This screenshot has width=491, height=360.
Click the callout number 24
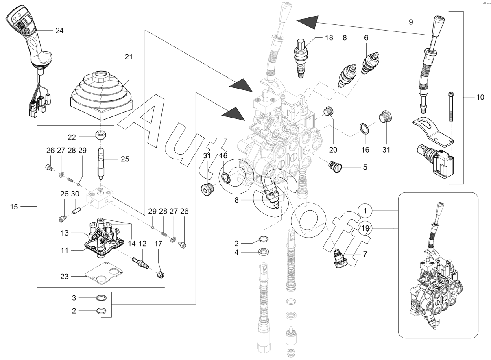pyautogui.click(x=59, y=31)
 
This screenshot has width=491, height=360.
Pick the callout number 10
pyautogui.click(x=480, y=98)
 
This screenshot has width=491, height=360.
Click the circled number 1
pyautogui.click(x=366, y=211)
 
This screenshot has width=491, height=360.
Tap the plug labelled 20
pyautogui.click(x=330, y=111)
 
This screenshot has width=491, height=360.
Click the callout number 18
pyautogui.click(x=329, y=38)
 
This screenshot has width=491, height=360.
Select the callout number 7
pyautogui.click(x=365, y=254)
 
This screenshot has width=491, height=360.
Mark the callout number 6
pyautogui.click(x=366, y=38)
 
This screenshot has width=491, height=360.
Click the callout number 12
pyautogui.click(x=142, y=244)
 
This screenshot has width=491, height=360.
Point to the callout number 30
pyautogui.click(x=75, y=194)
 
